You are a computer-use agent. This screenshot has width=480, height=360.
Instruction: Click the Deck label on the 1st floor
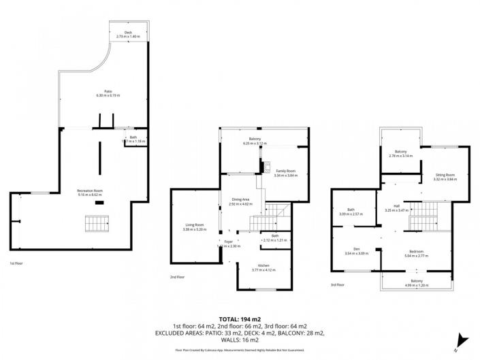[x=128, y=32]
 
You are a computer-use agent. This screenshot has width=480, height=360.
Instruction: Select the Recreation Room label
[x=89, y=191]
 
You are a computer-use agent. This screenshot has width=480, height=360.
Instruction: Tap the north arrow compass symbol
[x=462, y=340]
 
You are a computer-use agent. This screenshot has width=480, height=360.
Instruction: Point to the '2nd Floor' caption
[x=178, y=277]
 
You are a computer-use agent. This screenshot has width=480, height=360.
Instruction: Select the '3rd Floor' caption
[x=338, y=285]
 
